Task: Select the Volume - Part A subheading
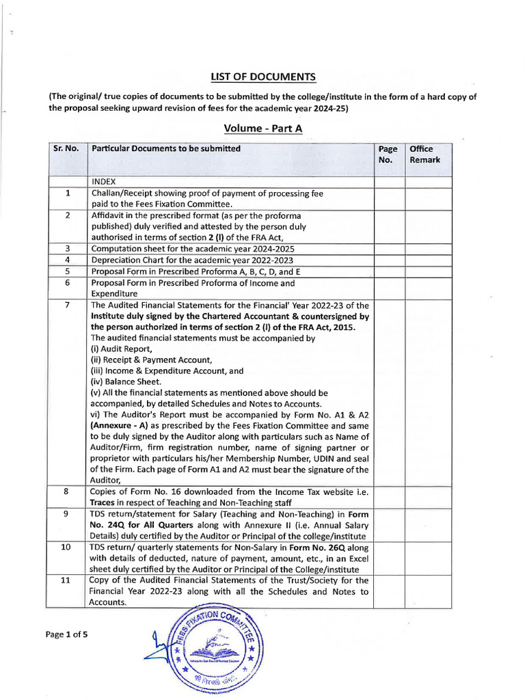tap(263, 128)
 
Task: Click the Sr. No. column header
tap(67, 149)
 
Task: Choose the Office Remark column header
tap(425, 154)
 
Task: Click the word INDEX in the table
tap(104, 182)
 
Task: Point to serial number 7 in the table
tap(67, 305)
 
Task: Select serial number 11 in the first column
tap(67, 580)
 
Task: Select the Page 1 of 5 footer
tap(66, 634)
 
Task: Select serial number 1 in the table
tap(67, 193)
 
